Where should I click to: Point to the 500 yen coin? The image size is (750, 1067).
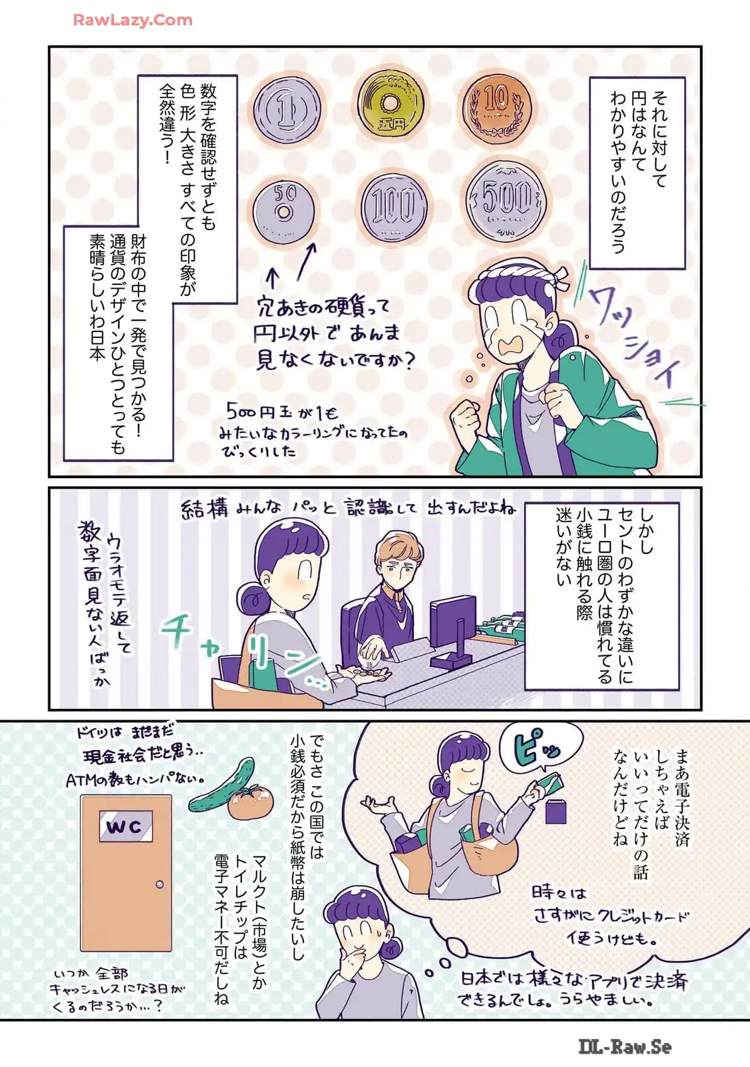505,201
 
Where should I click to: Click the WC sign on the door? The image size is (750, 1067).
126,826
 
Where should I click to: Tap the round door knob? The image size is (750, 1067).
159,884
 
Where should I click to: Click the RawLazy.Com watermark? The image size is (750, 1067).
133,20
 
